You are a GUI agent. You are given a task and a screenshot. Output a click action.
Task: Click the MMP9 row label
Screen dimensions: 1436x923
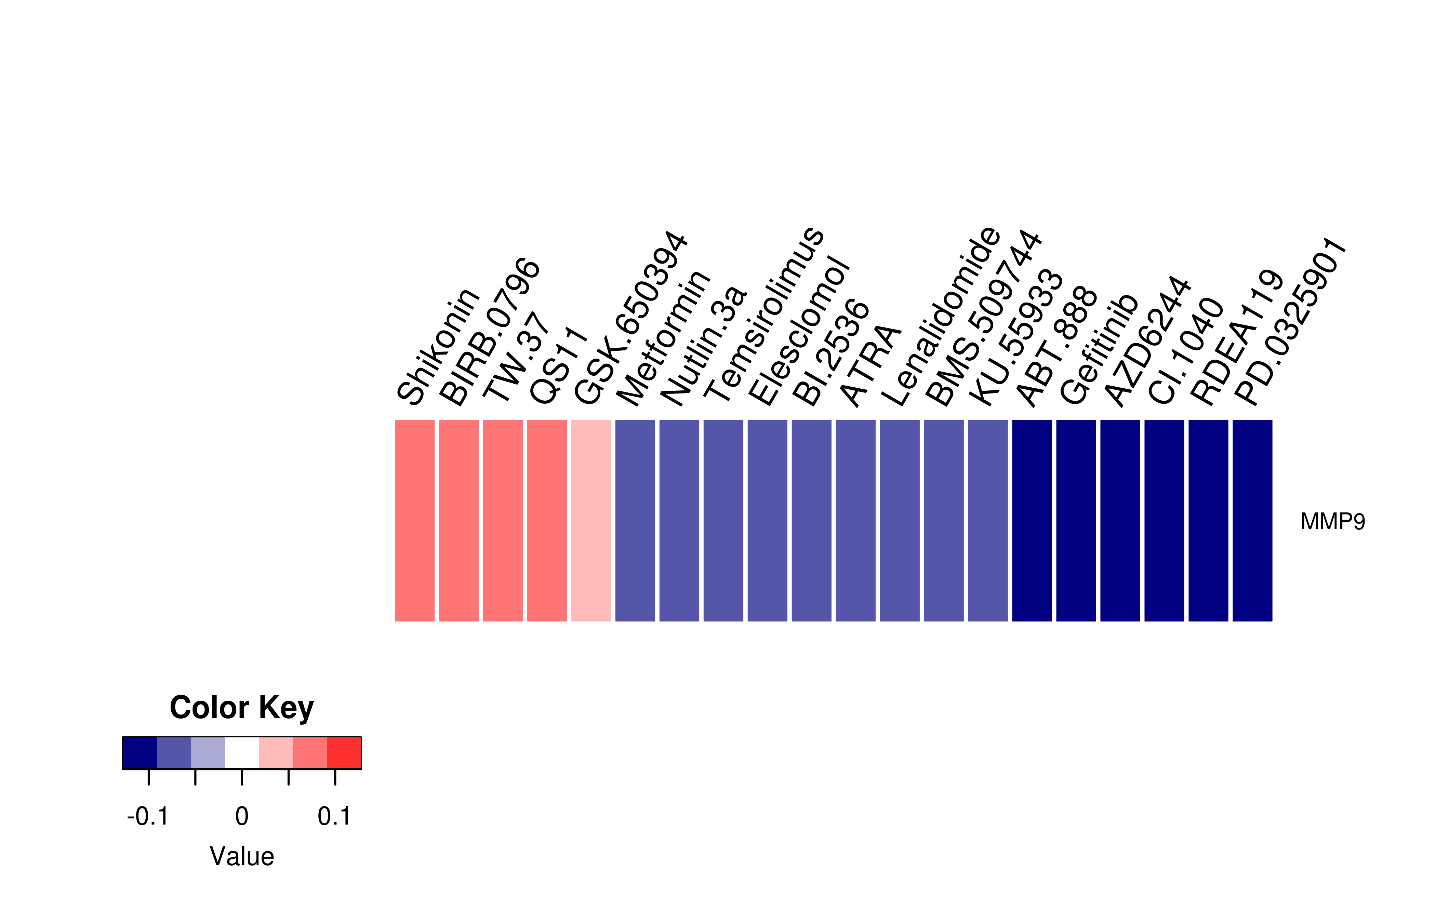pyautogui.click(x=1332, y=521)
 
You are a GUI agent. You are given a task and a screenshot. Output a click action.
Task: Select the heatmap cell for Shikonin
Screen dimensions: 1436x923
pyautogui.click(x=415, y=520)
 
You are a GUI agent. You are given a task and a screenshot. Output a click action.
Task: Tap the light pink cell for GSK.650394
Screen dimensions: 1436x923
pyautogui.click(x=591, y=520)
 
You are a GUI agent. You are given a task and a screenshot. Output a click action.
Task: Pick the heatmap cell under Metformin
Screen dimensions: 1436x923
pyautogui.click(x=635, y=520)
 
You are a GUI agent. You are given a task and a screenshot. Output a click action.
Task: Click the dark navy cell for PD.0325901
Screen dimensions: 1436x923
pyautogui.click(x=1253, y=520)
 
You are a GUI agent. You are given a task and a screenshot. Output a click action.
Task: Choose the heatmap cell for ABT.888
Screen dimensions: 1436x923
pyautogui.click(x=1032, y=520)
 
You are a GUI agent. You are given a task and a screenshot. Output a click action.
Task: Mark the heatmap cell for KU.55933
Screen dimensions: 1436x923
pyautogui.click(x=988, y=520)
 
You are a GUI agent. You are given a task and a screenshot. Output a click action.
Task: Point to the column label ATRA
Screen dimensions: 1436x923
pyautogui.click(x=870, y=365)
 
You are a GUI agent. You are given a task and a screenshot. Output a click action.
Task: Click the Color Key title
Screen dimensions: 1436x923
pyautogui.click(x=241, y=708)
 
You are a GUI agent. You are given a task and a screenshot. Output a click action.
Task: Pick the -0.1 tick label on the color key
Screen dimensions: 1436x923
pyautogui.click(x=148, y=816)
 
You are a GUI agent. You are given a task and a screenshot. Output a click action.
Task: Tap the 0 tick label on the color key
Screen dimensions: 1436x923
pyautogui.click(x=241, y=816)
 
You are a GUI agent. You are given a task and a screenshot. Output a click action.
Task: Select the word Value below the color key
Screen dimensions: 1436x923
pyautogui.click(x=241, y=856)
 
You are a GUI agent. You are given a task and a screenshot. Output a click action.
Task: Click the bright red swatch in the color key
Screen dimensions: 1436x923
pyautogui.click(x=344, y=753)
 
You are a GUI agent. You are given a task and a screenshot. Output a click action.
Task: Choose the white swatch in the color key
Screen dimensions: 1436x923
pyautogui.click(x=242, y=753)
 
